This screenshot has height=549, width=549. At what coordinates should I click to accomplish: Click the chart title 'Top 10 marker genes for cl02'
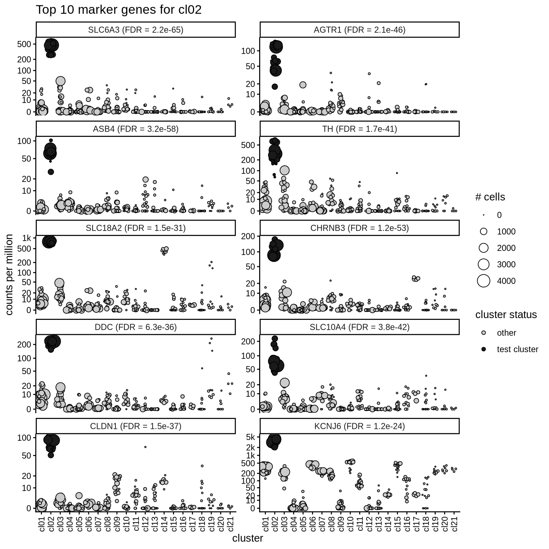[x=118, y=10]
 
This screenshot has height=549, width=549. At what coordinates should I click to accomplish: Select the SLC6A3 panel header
[x=135, y=30]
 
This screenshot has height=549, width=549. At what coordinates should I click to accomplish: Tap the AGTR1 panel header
[x=359, y=30]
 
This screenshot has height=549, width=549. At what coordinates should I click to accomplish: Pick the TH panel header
[x=359, y=129]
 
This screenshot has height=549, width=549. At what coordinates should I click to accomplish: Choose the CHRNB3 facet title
[x=359, y=228]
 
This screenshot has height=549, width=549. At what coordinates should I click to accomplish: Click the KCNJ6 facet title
[x=359, y=426]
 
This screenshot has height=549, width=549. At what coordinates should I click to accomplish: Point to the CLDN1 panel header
[x=135, y=426]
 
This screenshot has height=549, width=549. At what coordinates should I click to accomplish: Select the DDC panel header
[x=135, y=327]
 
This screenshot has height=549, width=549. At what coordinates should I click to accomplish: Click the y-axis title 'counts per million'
[x=10, y=274]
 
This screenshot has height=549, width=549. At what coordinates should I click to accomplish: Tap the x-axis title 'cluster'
[x=247, y=538]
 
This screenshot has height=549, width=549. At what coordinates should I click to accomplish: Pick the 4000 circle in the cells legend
[x=484, y=281]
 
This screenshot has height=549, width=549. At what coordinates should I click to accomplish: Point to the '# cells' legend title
[x=490, y=197]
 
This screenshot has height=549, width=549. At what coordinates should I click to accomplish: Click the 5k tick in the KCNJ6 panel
[x=250, y=437]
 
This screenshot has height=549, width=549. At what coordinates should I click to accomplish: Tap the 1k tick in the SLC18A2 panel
[x=27, y=238]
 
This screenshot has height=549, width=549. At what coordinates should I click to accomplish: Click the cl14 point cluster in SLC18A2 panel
[x=164, y=250]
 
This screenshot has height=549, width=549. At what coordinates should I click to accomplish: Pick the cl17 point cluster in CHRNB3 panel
[x=416, y=278]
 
